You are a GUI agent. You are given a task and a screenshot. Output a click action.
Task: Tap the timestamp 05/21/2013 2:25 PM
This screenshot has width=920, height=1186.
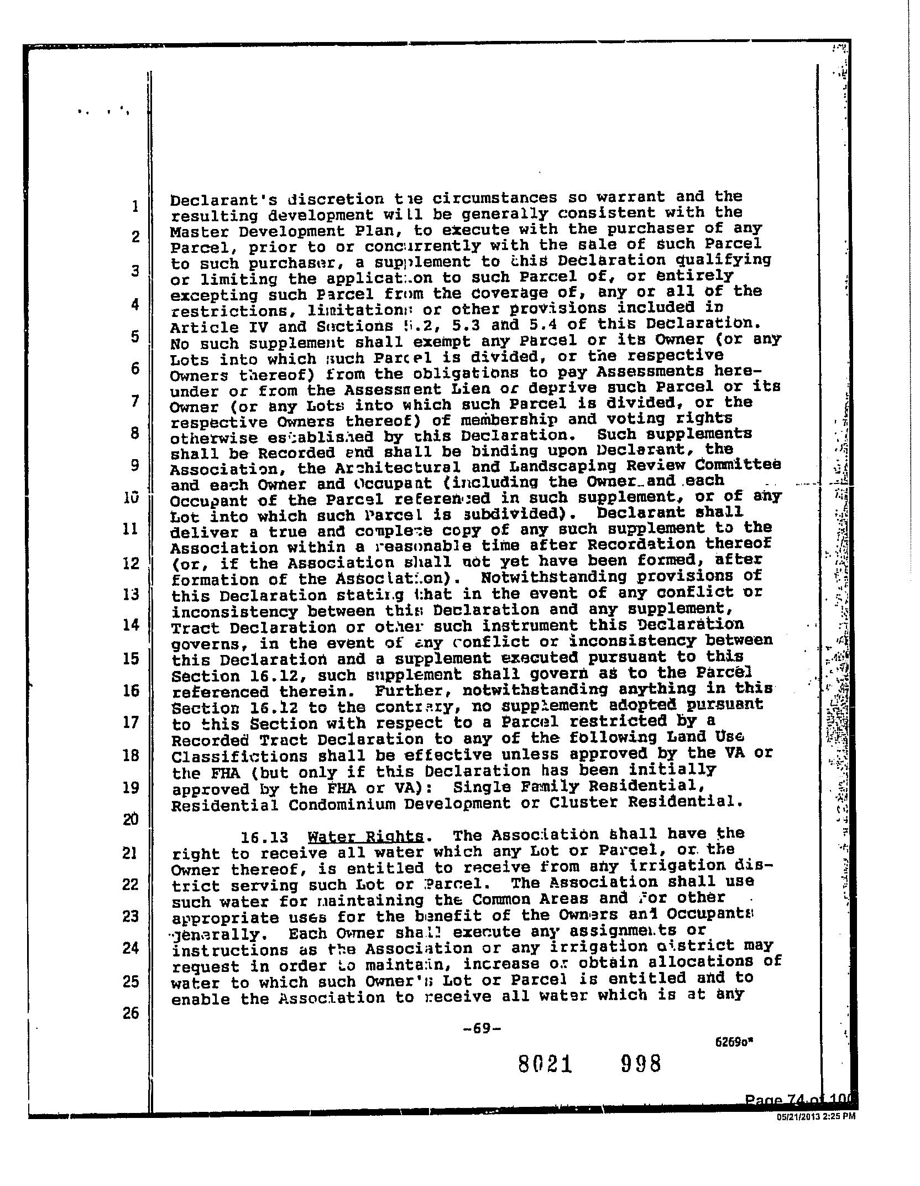[816, 1116]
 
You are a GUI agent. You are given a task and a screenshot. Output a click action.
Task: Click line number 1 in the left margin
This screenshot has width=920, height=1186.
[134, 206]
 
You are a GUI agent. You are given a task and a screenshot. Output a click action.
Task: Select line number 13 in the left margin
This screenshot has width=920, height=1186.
[131, 595]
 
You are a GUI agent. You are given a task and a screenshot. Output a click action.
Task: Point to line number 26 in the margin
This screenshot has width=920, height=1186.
[130, 1014]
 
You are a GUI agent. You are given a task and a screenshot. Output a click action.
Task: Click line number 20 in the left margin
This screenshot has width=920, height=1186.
[130, 819]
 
